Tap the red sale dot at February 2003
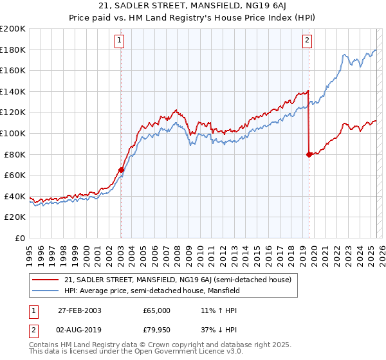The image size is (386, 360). tap(121, 170)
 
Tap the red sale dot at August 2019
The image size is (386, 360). tap(309, 154)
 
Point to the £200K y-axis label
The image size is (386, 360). tap(13, 29)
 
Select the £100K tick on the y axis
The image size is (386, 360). tap(13, 133)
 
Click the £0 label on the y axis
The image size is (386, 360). tap(19, 238)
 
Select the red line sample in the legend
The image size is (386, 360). tap(44, 280)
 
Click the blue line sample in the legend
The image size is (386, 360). tap(44, 291)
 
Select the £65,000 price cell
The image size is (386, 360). tap(157, 310)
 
